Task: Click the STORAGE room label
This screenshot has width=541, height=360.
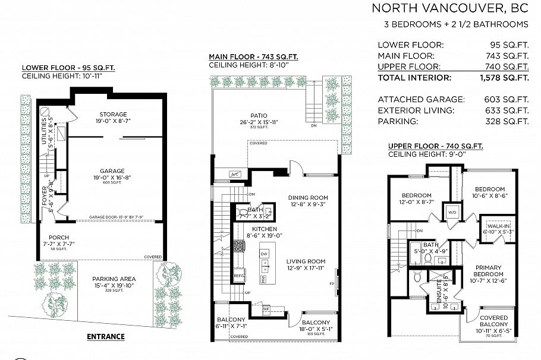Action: [x=113, y=114]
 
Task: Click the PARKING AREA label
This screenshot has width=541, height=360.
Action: [x=114, y=279]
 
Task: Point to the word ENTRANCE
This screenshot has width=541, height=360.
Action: [x=106, y=337]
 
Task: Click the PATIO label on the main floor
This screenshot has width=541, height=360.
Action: [x=258, y=116]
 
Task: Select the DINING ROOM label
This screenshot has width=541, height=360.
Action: [x=308, y=198]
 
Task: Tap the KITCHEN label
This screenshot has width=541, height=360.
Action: [x=265, y=229]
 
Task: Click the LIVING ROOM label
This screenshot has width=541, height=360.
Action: [x=306, y=261]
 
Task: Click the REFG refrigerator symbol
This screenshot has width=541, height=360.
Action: [x=239, y=276]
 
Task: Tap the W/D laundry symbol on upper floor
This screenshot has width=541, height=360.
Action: [x=451, y=212]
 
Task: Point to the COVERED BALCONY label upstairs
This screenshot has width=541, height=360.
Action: [x=494, y=321]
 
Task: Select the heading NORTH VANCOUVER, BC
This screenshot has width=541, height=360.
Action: [x=449, y=8]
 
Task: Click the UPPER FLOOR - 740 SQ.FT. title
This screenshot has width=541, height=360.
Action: [x=435, y=146]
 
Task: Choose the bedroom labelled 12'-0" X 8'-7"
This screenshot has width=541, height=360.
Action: [x=416, y=195]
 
